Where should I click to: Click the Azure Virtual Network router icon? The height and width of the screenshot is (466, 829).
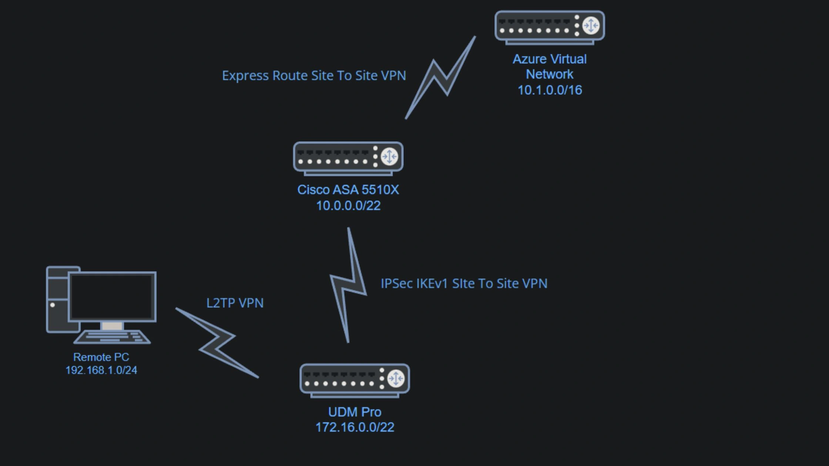click(549, 27)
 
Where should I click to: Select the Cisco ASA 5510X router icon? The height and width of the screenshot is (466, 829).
click(348, 158)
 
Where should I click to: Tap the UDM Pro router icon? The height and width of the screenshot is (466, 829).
click(354, 379)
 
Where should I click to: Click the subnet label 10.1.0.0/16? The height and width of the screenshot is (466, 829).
click(550, 90)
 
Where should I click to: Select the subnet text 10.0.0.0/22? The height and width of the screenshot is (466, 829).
click(348, 206)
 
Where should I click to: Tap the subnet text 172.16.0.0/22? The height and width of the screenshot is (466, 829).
click(355, 427)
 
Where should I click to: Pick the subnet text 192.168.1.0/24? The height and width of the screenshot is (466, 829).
click(101, 370)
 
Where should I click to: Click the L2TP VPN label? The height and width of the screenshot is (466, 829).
click(235, 303)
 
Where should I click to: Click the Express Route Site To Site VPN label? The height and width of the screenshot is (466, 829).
click(314, 75)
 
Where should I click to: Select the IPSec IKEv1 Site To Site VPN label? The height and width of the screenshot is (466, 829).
click(464, 283)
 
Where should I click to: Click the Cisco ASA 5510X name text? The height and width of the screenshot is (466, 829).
click(348, 190)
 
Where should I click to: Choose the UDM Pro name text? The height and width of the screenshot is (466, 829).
click(355, 412)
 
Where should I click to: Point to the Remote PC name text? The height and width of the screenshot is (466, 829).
click(101, 357)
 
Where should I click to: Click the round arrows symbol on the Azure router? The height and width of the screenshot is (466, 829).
click(590, 26)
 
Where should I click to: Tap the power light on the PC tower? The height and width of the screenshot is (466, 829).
click(53, 305)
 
